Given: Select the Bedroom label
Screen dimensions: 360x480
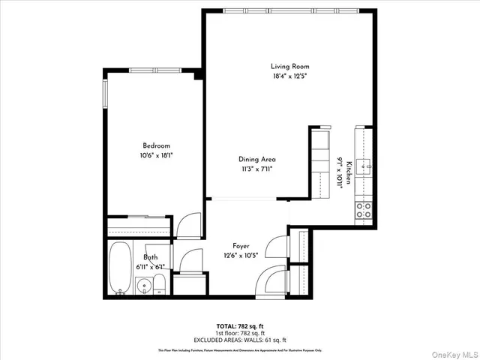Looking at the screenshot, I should tap(157, 145).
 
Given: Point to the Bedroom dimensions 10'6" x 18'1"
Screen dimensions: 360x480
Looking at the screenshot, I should tap(157, 155).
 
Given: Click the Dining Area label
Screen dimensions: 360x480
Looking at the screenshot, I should tap(257, 159).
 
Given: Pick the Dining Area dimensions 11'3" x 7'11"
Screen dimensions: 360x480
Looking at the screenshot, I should tap(257, 169).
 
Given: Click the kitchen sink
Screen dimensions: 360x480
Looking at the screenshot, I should tap(365, 166).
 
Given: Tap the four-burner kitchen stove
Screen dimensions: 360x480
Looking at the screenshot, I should tap(364, 209).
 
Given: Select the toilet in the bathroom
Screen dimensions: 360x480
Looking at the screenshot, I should tap(159, 284).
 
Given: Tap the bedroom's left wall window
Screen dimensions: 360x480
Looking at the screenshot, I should tap(105, 93).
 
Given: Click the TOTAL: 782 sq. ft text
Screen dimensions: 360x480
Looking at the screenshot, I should tap(239, 326).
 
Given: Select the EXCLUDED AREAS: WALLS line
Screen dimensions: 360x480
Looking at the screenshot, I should tap(239, 338).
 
